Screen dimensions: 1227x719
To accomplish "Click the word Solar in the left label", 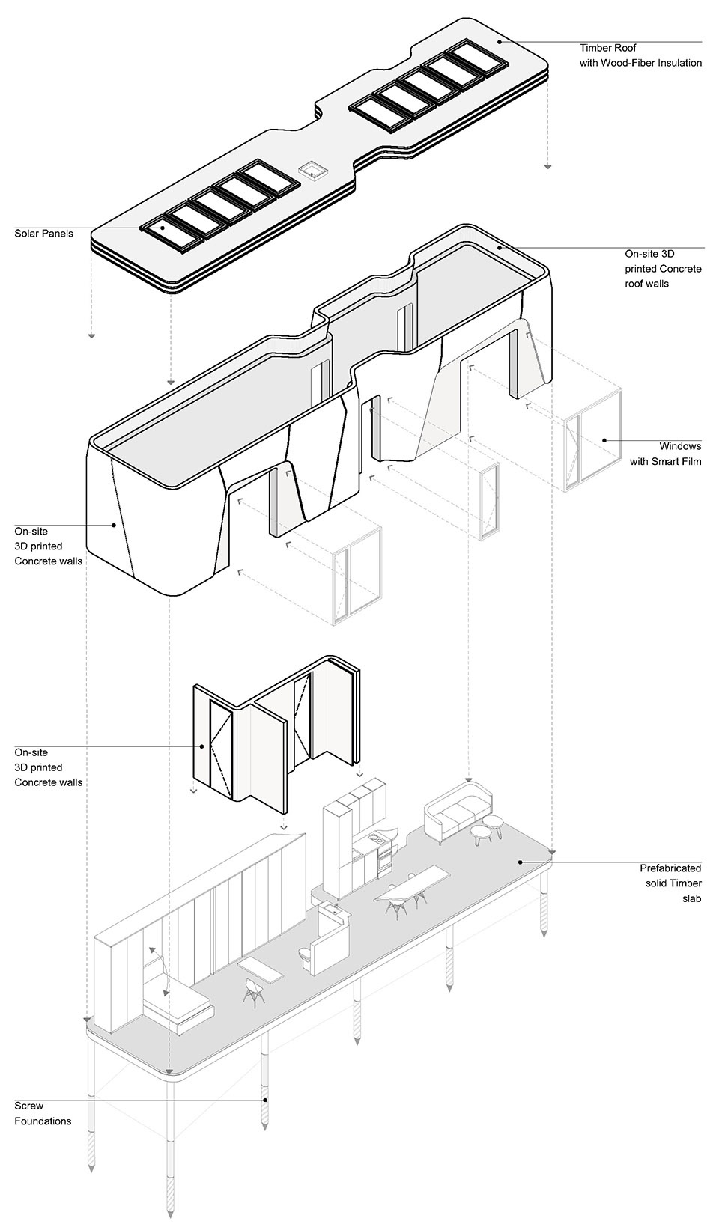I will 28,234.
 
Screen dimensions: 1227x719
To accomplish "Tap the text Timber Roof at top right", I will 607,48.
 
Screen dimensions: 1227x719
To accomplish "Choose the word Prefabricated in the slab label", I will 670,868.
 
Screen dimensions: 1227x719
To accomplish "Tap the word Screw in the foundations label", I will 29,1106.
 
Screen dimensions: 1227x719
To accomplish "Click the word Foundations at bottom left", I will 43,1121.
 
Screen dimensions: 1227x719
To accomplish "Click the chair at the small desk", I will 252,991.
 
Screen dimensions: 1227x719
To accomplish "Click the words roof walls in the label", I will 647,284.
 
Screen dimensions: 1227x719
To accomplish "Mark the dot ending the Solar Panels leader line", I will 142,228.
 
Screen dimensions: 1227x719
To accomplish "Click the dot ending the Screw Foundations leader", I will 264,1100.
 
